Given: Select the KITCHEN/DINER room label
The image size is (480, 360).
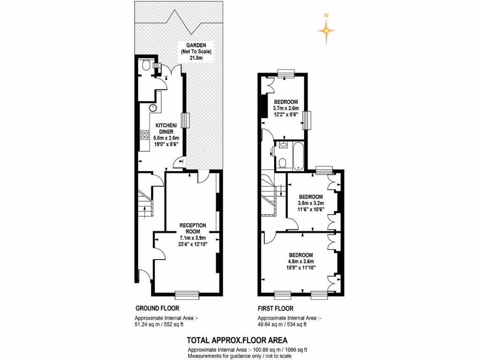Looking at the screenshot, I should pyautogui.click(x=166, y=128).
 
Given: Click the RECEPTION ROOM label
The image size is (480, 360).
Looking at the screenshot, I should pyautogui.click(x=193, y=228).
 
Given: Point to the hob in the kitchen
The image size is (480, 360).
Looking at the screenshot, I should pyautogui.click(x=144, y=136).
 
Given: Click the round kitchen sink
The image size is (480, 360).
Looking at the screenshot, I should pyautogui.click(x=153, y=108).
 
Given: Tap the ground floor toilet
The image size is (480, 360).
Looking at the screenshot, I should pyautogui.click(x=146, y=65).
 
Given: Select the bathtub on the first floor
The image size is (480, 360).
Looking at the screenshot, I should pyautogui.click(x=298, y=156).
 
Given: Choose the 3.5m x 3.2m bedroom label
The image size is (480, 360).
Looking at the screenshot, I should pyautogui.click(x=310, y=196).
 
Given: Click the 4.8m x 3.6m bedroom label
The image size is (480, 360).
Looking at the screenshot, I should pyautogui.click(x=300, y=255).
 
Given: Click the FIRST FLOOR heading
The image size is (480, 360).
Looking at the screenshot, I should pyautogui.click(x=276, y=308).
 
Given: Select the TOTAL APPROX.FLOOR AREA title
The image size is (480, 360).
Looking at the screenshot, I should pyautogui.click(x=237, y=340).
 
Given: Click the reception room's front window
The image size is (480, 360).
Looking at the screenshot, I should pyautogui.click(x=187, y=295).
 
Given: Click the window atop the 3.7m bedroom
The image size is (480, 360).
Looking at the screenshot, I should pyautogui.click(x=285, y=73).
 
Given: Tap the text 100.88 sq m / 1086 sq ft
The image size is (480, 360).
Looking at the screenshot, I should pyautogui.click(x=280, y=350).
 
